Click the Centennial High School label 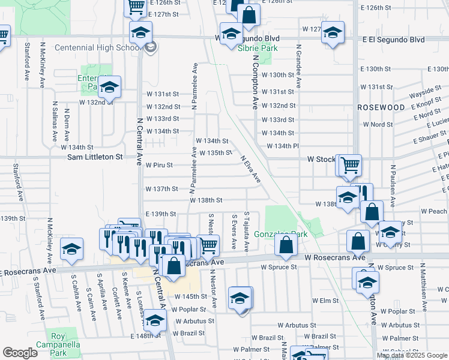[x=97, y=47]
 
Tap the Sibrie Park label [x=254, y=48]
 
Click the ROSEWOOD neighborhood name [x=381, y=107]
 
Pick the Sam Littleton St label [x=95, y=157]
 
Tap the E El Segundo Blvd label [x=393, y=39]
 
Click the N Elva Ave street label [x=250, y=170]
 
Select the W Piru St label [x=159, y=165]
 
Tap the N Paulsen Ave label [x=393, y=183]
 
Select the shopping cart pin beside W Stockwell [x=349, y=166]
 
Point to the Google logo [x=20, y=353]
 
